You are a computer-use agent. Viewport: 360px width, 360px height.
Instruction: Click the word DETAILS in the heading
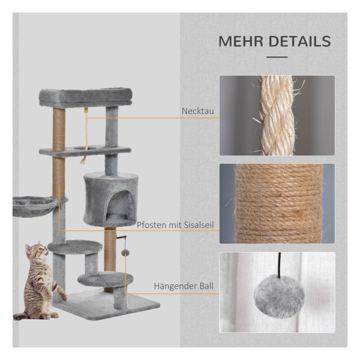click(x=299, y=41)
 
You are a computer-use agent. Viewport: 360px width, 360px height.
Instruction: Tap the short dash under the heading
click(x=277, y=57)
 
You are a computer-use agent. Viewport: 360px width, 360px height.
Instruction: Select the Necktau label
click(x=197, y=111)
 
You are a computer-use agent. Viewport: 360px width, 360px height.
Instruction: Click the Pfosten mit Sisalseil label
click(x=175, y=225)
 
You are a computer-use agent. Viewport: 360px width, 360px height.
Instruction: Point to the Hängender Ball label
click(x=184, y=286)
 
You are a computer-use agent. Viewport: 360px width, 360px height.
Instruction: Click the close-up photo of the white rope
click(x=277, y=115)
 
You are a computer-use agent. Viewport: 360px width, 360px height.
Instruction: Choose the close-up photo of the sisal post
click(x=277, y=203)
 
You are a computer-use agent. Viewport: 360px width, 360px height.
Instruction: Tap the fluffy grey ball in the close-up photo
click(x=279, y=296)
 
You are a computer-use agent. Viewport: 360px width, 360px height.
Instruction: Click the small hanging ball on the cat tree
click(x=125, y=253)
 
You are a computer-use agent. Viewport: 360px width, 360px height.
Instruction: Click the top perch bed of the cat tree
click(x=85, y=97)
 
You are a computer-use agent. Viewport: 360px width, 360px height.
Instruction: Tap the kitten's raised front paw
click(x=64, y=298)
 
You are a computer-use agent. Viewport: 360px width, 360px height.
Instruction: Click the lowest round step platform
click(x=106, y=278)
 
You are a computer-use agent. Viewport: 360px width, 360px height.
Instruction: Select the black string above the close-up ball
click(x=280, y=265)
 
